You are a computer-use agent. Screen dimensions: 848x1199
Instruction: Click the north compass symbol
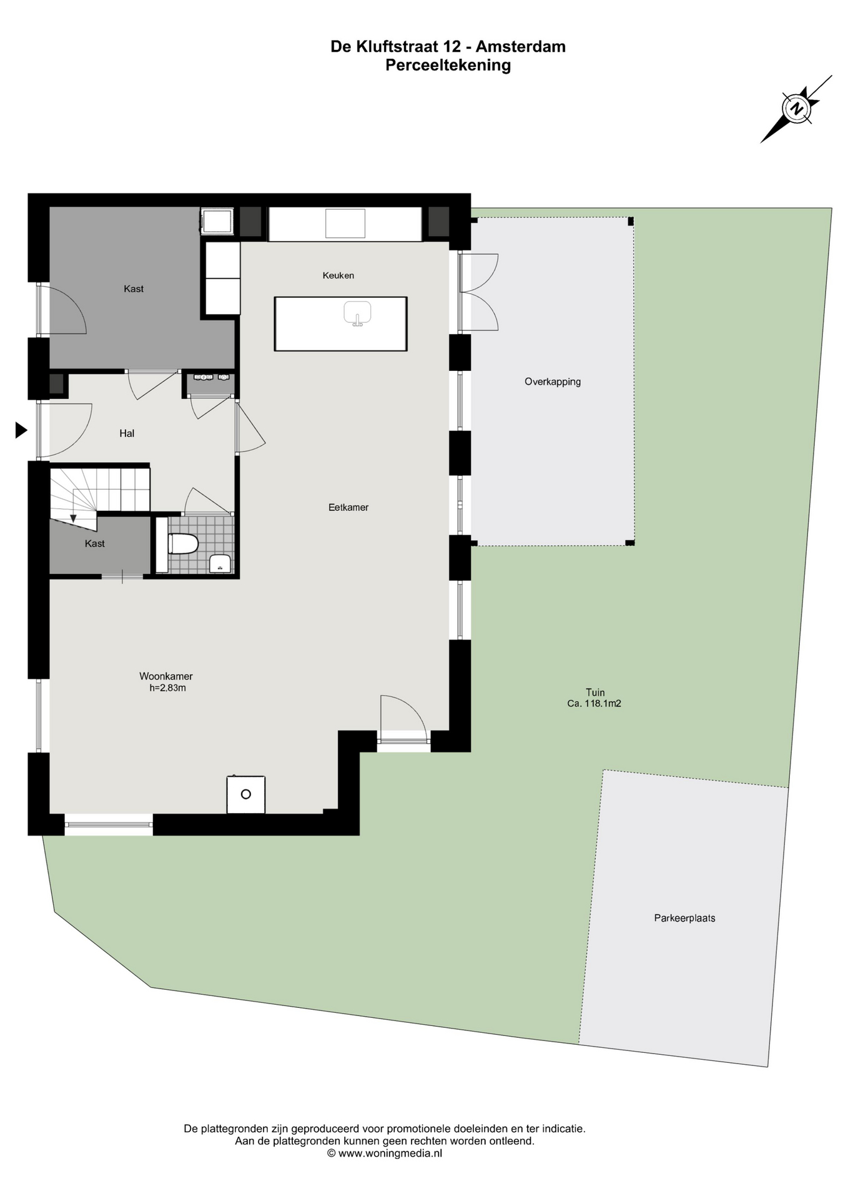796,109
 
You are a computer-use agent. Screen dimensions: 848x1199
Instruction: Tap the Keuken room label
338,275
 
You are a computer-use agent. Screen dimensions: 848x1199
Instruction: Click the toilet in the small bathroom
183,544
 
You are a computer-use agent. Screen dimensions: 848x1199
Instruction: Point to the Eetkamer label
348,508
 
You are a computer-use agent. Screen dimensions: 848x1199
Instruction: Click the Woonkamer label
166,676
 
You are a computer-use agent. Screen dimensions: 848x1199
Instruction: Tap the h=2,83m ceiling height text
168,688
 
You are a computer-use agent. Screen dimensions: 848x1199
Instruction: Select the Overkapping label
553,382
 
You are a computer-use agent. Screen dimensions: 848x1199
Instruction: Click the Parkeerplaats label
685,918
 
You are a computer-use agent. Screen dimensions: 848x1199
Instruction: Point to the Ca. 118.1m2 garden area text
594,703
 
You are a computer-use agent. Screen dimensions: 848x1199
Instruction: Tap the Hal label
127,433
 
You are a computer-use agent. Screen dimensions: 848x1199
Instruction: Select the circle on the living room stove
246,794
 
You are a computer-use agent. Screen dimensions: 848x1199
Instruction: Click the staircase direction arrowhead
73,518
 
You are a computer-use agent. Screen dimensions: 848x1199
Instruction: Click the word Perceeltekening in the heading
448,65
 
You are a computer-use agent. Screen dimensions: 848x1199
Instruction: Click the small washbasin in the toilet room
220,563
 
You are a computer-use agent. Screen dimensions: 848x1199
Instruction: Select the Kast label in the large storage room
134,289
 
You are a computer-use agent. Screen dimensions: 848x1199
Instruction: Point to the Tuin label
595,692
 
